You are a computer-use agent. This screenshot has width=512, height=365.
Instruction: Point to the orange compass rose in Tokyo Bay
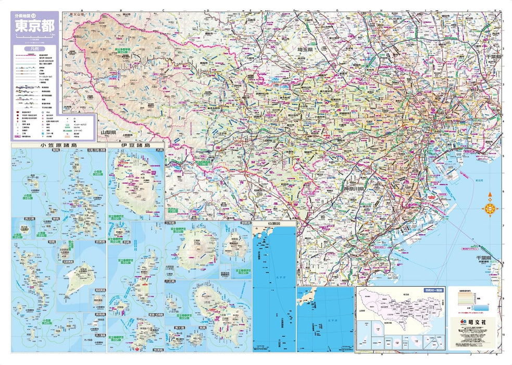click(x=490, y=209)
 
